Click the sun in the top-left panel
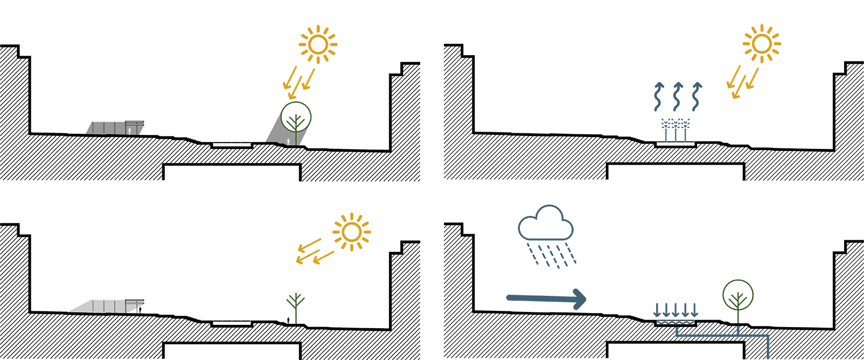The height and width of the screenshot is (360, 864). (318, 45)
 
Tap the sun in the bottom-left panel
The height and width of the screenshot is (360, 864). (352, 232)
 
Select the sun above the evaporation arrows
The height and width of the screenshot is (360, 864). (761, 44)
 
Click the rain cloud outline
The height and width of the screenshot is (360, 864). (545, 223)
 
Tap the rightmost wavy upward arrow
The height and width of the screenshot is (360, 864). (697, 97)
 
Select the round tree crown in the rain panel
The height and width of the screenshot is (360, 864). (738, 295)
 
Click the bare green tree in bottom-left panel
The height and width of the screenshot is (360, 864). (295, 308)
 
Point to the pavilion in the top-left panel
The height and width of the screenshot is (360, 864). (115, 128)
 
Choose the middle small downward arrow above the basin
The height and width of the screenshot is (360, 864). (676, 310)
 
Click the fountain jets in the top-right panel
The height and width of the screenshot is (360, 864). (676, 130)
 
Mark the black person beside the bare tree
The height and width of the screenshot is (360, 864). (288, 320)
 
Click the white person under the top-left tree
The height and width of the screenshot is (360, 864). (288, 141)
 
